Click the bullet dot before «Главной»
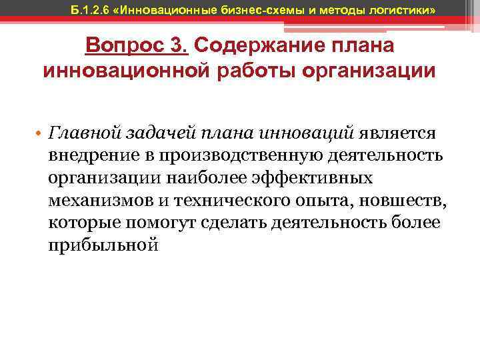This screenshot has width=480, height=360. [40, 134]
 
